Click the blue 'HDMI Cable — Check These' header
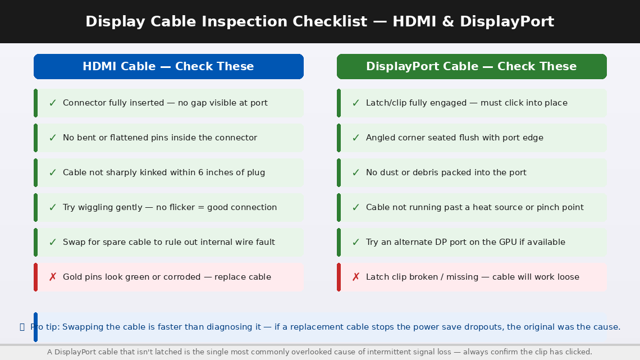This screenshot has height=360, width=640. (168, 66)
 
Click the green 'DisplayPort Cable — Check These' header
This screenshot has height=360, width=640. (472, 66)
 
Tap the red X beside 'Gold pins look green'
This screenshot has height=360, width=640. (53, 277)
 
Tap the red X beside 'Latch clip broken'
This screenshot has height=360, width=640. (356, 277)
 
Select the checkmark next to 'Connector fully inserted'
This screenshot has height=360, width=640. (53, 103)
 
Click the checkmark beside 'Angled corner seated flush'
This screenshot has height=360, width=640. (356, 138)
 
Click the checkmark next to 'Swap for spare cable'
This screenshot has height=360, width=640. (53, 242)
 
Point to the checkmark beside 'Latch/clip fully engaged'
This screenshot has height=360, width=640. (356, 103)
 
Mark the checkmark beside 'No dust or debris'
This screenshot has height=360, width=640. (356, 172)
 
